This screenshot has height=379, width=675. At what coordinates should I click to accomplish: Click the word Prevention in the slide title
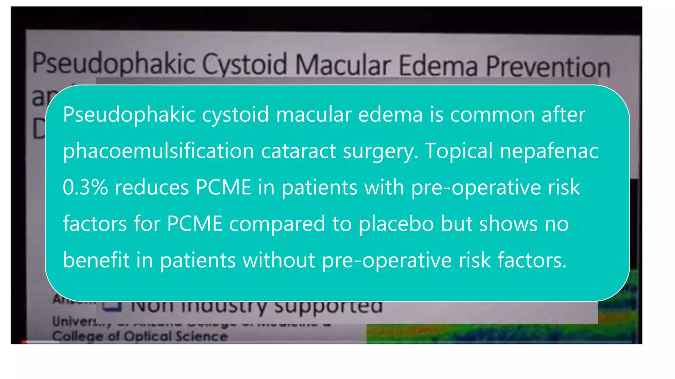(x=548, y=67)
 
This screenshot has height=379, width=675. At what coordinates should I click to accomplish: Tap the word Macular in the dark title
(x=343, y=65)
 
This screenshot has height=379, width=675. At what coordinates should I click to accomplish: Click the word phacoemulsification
(x=159, y=151)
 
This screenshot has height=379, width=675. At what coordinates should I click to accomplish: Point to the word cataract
(x=298, y=151)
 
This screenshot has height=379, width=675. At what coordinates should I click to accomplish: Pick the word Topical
(x=458, y=151)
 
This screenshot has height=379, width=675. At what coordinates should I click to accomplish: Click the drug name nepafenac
(x=549, y=151)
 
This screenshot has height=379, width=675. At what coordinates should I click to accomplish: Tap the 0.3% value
(x=85, y=187)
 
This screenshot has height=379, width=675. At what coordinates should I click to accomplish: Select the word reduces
(x=151, y=187)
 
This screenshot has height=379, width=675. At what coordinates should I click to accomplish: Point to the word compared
(x=277, y=224)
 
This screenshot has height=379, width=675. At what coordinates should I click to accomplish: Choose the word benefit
(x=96, y=260)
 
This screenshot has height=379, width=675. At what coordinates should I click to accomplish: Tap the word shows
(x=508, y=224)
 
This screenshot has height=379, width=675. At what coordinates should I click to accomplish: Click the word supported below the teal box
(x=328, y=307)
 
